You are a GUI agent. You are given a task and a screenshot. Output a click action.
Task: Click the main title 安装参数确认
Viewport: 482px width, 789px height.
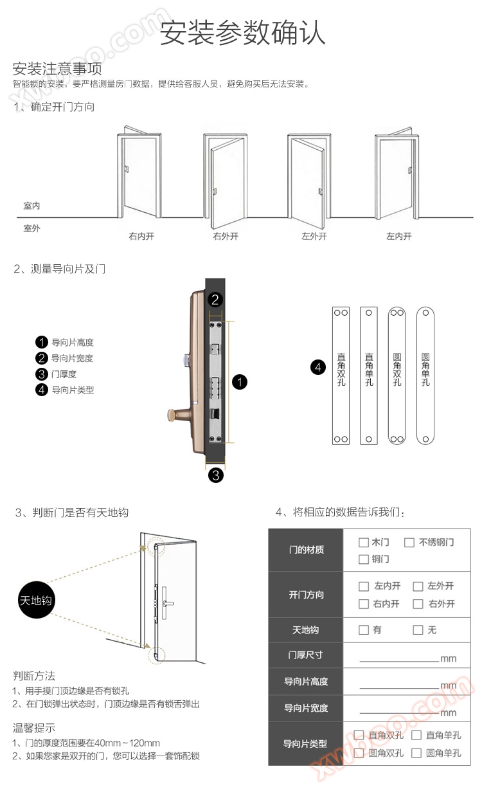point(242,33)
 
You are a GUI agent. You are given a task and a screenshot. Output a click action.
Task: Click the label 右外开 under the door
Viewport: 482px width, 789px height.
point(226,237)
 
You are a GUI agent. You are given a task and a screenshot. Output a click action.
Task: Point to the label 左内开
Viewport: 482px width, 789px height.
point(398,237)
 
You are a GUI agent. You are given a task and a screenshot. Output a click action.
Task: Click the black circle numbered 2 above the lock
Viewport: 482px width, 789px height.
point(216,299)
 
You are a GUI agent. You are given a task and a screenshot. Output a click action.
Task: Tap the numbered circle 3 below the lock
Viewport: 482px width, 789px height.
point(216,475)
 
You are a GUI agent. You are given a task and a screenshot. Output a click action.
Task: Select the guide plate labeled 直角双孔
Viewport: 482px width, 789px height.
point(341,376)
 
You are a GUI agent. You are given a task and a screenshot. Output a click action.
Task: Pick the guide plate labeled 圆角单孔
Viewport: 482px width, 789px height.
point(425,376)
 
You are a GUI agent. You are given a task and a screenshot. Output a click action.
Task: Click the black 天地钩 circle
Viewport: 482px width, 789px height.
point(36,601)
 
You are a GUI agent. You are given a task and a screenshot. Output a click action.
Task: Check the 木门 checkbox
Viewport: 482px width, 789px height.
point(364,543)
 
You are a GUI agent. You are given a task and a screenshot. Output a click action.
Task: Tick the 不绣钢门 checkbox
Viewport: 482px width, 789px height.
point(409,543)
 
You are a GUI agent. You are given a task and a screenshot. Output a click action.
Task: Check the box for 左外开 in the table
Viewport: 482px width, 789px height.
point(418,586)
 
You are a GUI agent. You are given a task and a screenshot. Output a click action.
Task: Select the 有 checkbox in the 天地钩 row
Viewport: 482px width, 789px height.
point(364,630)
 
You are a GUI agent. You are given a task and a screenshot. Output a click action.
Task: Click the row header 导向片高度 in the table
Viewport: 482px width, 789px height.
point(306,682)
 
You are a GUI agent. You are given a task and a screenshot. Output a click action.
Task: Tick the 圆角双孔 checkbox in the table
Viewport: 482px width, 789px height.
point(358,753)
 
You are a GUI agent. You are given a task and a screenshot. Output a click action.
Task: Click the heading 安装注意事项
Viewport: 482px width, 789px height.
point(57,68)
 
